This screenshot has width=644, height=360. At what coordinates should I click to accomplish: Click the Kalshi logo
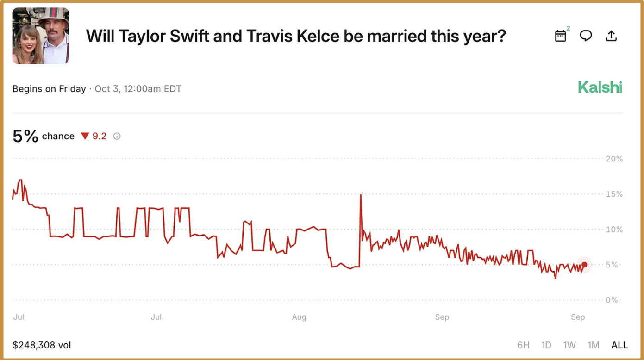(x=600, y=87)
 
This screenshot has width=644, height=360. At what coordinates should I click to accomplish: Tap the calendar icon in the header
(x=561, y=36)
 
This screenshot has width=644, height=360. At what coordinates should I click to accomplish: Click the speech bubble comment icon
(x=586, y=36)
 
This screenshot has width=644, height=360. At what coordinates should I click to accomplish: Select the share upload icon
(x=612, y=36)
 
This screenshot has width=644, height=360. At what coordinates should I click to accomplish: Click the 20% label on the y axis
(x=614, y=159)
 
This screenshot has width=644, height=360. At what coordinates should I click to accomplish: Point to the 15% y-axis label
(x=614, y=194)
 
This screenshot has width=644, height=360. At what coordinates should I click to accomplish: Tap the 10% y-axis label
(x=614, y=230)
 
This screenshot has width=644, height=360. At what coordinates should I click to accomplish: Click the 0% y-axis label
(x=612, y=300)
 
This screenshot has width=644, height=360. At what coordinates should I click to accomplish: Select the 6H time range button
(x=523, y=345)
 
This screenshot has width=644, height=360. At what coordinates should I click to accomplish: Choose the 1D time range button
(x=546, y=345)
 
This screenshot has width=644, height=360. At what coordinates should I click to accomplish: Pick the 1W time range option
(x=569, y=345)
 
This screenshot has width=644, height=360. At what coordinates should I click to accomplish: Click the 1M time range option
(x=594, y=345)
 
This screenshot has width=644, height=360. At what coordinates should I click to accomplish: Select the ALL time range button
(x=619, y=345)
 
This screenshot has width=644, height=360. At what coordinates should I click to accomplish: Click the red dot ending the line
(x=584, y=265)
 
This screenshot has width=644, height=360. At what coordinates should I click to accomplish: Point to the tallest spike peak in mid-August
(x=360, y=195)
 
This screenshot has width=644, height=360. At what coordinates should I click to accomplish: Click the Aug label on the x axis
(x=299, y=317)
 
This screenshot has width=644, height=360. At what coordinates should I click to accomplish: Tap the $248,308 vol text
(x=42, y=345)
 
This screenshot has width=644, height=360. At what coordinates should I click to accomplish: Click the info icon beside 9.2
(x=117, y=136)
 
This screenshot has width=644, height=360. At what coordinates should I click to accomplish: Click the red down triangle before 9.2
(x=85, y=136)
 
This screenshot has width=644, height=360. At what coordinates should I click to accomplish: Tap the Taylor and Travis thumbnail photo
(x=41, y=36)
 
